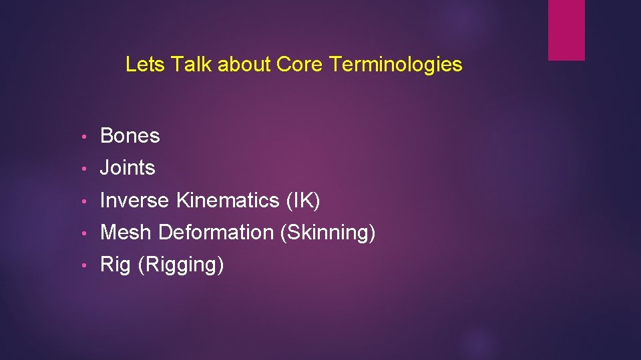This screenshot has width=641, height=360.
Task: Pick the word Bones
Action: tap(130, 136)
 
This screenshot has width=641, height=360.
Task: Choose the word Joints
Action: tap(128, 168)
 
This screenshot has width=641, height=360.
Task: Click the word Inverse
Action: tap(136, 200)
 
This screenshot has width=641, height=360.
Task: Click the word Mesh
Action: tap(126, 233)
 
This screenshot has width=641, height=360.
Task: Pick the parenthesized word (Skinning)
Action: tap(328, 233)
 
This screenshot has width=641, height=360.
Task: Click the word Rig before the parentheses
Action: tap(116, 265)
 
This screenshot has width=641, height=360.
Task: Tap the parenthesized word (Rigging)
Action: tap(181, 265)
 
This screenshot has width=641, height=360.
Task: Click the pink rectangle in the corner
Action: tap(566, 30)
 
